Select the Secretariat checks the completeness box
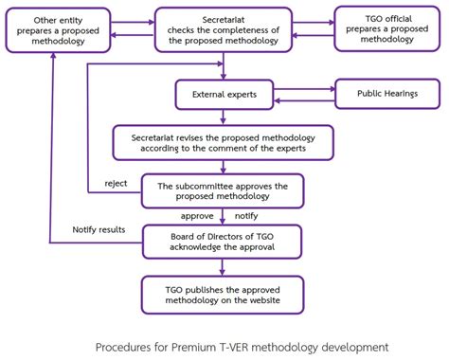(x=224, y=30)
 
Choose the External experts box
(x=224, y=95)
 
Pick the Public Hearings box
(x=386, y=95)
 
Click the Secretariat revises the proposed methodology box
(x=224, y=143)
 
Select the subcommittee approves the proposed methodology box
(x=224, y=190)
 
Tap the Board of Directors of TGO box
(x=224, y=240)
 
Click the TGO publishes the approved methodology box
(x=224, y=294)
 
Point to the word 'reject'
(x=117, y=184)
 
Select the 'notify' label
(x=247, y=216)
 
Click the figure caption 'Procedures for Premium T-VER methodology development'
(x=224, y=345)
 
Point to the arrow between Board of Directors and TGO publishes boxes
(x=224, y=265)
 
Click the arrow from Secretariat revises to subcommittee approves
(x=224, y=167)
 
